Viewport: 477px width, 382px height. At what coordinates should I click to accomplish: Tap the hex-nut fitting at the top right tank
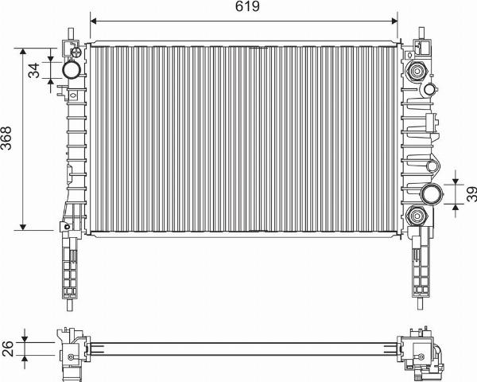416,72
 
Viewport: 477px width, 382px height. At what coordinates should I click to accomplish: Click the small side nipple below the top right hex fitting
431,88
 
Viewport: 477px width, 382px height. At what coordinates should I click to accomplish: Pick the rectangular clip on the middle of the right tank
429,122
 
